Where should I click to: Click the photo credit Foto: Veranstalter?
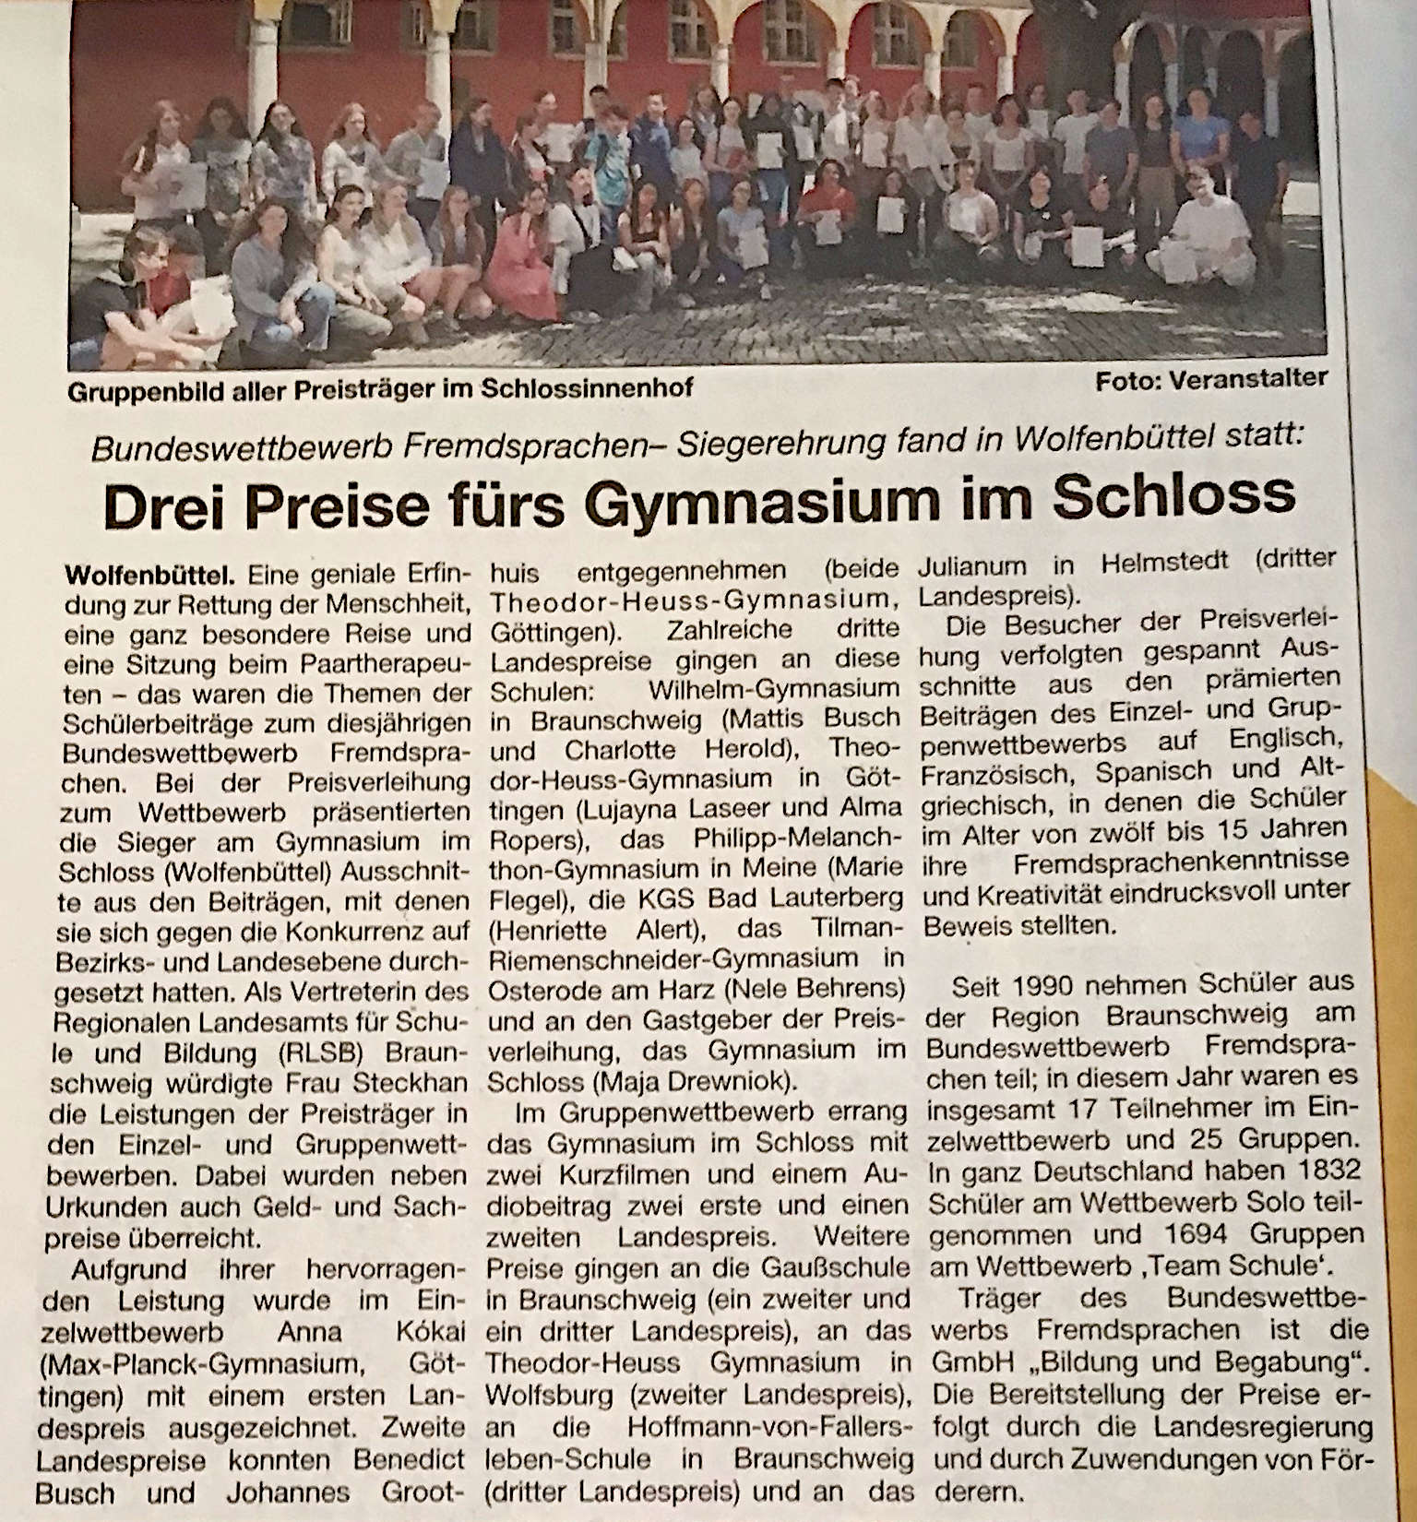[x=1211, y=378]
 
